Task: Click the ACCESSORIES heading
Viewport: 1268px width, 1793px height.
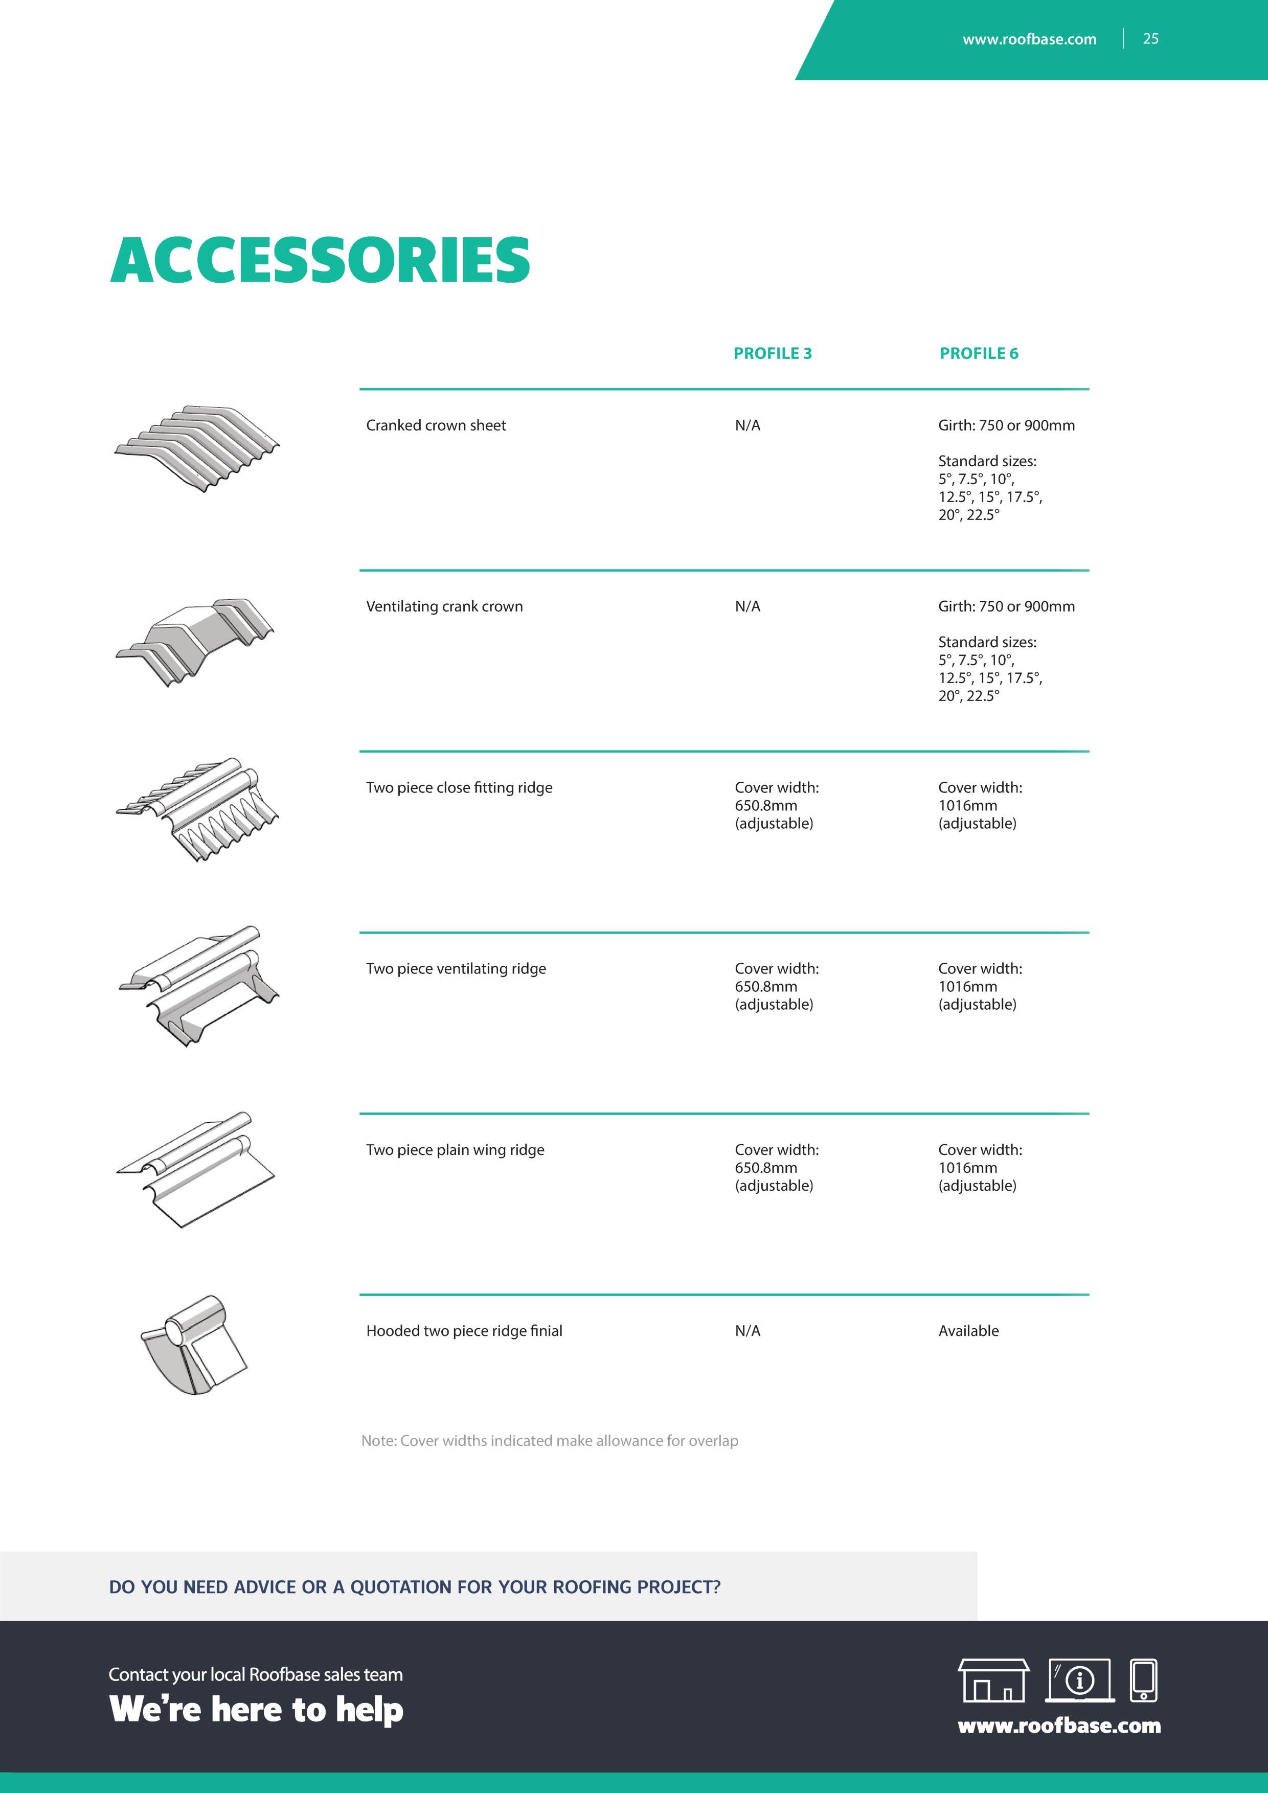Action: pos(320,260)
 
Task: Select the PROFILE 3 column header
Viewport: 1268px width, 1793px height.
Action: pos(772,353)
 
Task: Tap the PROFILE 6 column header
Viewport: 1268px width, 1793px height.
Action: pos(978,353)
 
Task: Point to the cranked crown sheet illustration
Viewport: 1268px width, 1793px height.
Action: pos(197,448)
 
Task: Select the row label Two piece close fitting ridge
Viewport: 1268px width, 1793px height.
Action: pos(459,787)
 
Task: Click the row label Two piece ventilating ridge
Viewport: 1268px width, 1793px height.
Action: pos(456,968)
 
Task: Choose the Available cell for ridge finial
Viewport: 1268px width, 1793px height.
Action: pos(968,1331)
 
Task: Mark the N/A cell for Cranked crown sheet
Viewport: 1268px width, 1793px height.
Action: pos(747,425)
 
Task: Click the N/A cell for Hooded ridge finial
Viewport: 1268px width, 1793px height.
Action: pos(747,1331)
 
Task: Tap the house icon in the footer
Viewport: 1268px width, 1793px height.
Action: pos(993,1680)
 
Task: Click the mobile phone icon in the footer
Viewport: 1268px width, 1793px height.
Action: pos(1144,1680)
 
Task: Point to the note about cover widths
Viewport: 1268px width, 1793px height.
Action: pos(550,1441)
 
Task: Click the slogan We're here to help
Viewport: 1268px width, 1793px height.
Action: pos(256,1710)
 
